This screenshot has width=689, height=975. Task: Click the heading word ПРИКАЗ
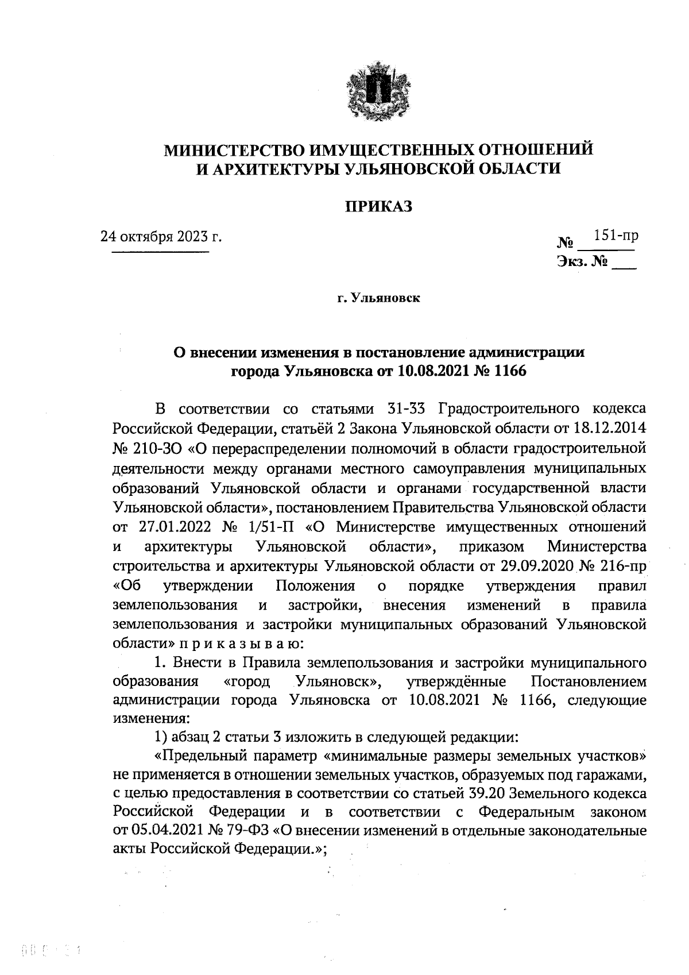tap(378, 206)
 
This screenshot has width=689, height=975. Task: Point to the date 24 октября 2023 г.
tap(161, 236)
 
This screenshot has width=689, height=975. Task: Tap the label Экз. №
tap(582, 263)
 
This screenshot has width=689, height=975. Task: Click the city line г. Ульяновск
tap(378, 298)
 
